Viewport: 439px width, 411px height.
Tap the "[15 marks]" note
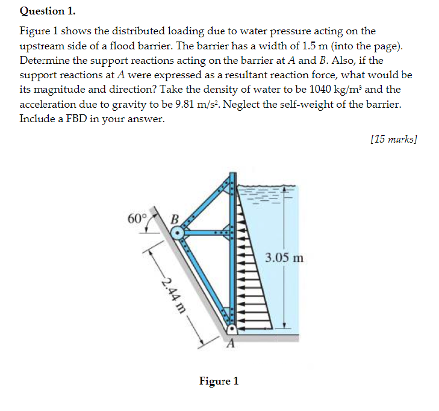click(x=394, y=139)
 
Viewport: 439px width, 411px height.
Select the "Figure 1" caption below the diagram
click(x=219, y=381)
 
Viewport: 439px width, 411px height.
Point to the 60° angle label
click(x=137, y=218)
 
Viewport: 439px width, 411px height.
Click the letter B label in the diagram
click(x=175, y=218)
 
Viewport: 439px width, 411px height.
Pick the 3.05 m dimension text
click(x=284, y=259)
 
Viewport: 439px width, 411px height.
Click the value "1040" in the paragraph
click(x=328, y=89)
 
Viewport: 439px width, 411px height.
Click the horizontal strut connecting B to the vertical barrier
click(x=208, y=231)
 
